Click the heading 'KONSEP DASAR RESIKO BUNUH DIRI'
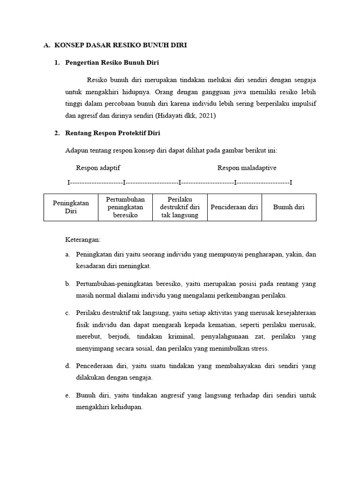pos(121,45)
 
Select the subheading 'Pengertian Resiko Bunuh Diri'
pos(112,63)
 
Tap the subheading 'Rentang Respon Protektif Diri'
pos(112,133)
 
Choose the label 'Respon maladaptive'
pos(247,168)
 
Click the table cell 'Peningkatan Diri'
pos(71,207)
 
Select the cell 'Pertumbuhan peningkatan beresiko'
pos(125,207)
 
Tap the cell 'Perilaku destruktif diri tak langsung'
pos(180,207)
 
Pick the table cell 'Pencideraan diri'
pos(234,207)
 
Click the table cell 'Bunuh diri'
pos(289,207)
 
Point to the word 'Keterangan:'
pos(82,240)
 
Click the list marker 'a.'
pos(68,255)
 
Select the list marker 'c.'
pos(68,313)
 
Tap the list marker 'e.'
pos(68,396)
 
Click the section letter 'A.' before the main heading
pos(47,45)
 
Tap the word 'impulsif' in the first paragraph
pos(304,104)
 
